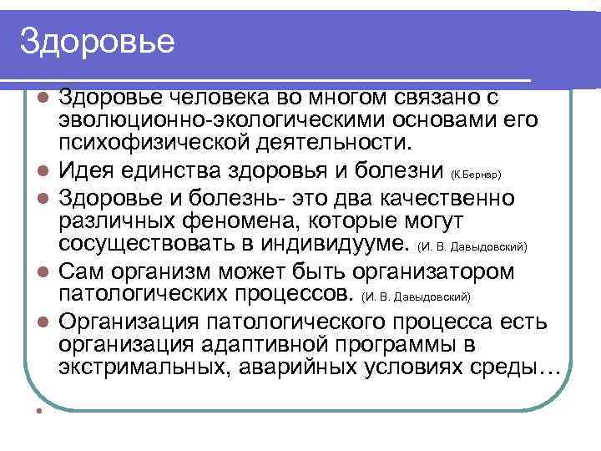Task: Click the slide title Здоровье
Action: point(98,40)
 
